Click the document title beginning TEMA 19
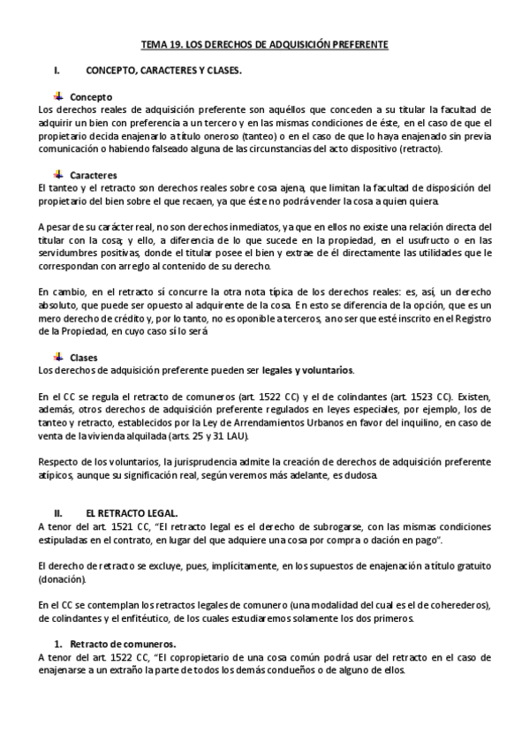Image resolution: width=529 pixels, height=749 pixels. (265, 43)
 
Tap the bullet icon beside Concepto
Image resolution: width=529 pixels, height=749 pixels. (58, 95)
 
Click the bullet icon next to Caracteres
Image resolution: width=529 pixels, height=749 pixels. (58, 174)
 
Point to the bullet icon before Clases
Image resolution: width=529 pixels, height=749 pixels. (58, 356)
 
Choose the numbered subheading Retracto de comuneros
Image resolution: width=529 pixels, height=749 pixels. (123, 643)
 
